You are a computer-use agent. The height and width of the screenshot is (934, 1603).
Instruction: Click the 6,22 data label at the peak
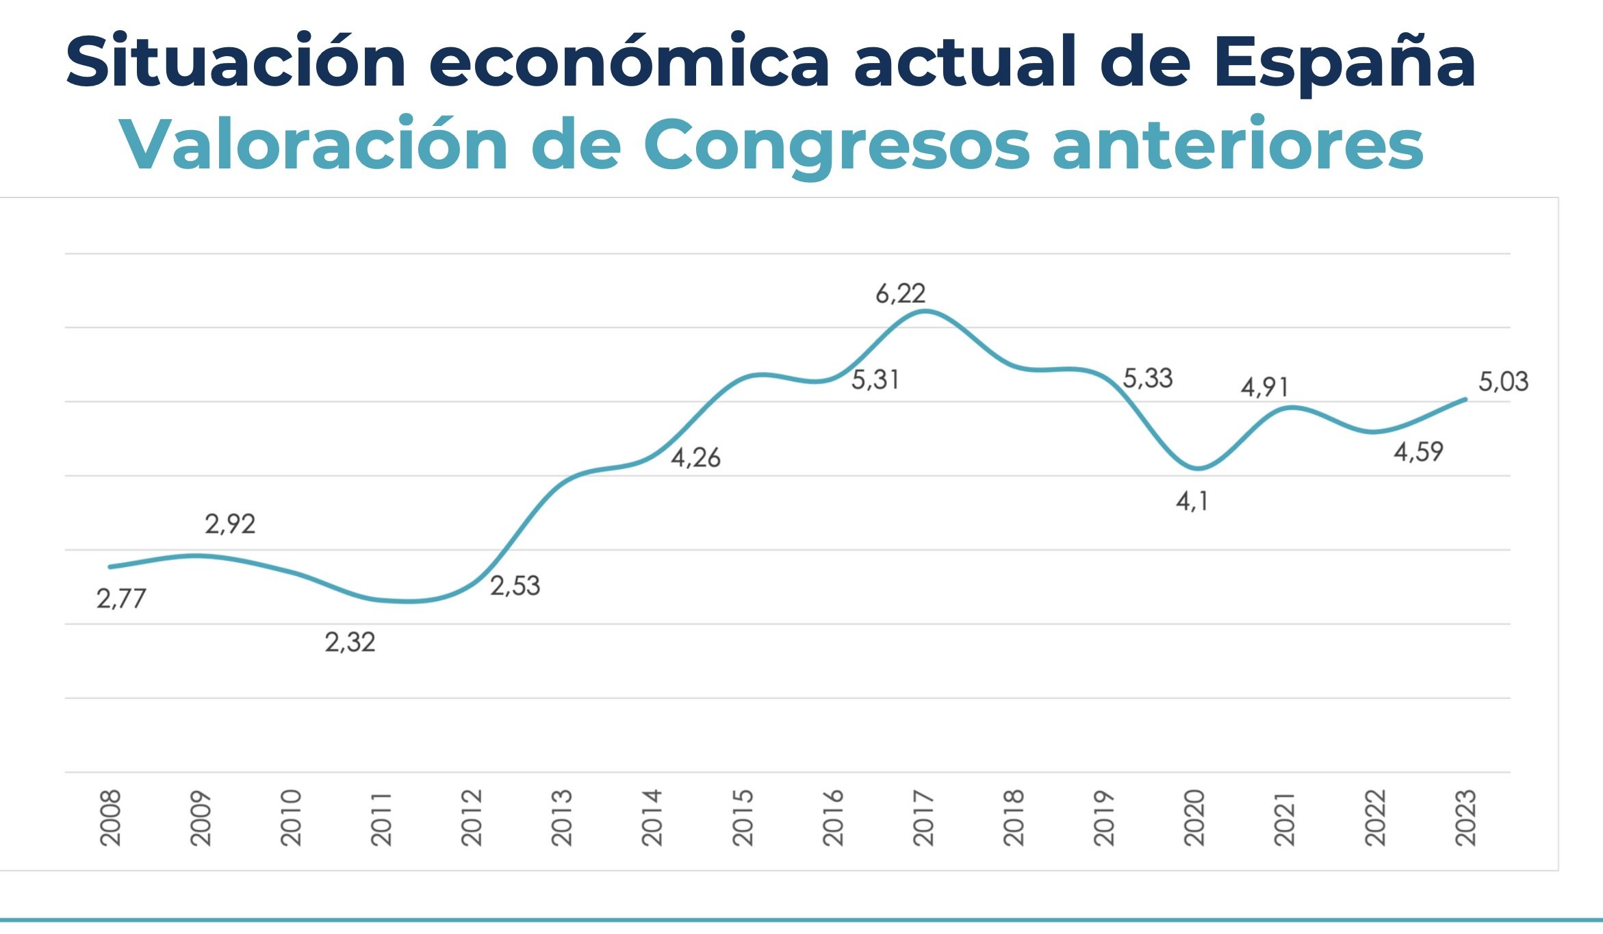pos(900,294)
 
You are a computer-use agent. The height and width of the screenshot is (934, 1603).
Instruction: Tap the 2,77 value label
pos(121,599)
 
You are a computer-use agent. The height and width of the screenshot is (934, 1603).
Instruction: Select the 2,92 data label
pos(230,525)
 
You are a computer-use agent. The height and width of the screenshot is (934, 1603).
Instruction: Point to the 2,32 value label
pos(350,643)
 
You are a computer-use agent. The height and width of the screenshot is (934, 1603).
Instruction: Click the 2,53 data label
pos(515,586)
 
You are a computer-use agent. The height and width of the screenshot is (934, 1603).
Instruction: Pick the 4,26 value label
pos(695,458)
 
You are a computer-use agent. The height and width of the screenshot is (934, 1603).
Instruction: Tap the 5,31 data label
pos(875,380)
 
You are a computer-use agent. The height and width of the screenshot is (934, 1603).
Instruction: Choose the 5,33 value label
pos(1148,379)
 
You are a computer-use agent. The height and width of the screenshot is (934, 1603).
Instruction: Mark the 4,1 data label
pos(1192,502)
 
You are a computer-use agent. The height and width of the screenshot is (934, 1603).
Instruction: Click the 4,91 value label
pos(1264,388)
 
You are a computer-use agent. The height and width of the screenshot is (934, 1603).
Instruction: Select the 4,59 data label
pos(1418,452)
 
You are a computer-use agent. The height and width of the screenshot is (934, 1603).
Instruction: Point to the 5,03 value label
pos(1503,382)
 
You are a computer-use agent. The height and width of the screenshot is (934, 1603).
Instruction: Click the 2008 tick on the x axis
pos(110,818)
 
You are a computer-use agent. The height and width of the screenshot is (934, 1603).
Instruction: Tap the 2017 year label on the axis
pos(923,818)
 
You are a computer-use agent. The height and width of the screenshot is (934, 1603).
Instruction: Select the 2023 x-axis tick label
pos(1465,818)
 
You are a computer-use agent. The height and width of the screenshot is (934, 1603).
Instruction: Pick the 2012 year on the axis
pos(472,818)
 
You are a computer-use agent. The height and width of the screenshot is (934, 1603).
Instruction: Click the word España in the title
pos(1345,63)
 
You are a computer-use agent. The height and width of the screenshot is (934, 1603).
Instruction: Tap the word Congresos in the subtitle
pos(836,145)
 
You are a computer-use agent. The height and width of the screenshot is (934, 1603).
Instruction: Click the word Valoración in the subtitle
pos(313,145)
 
